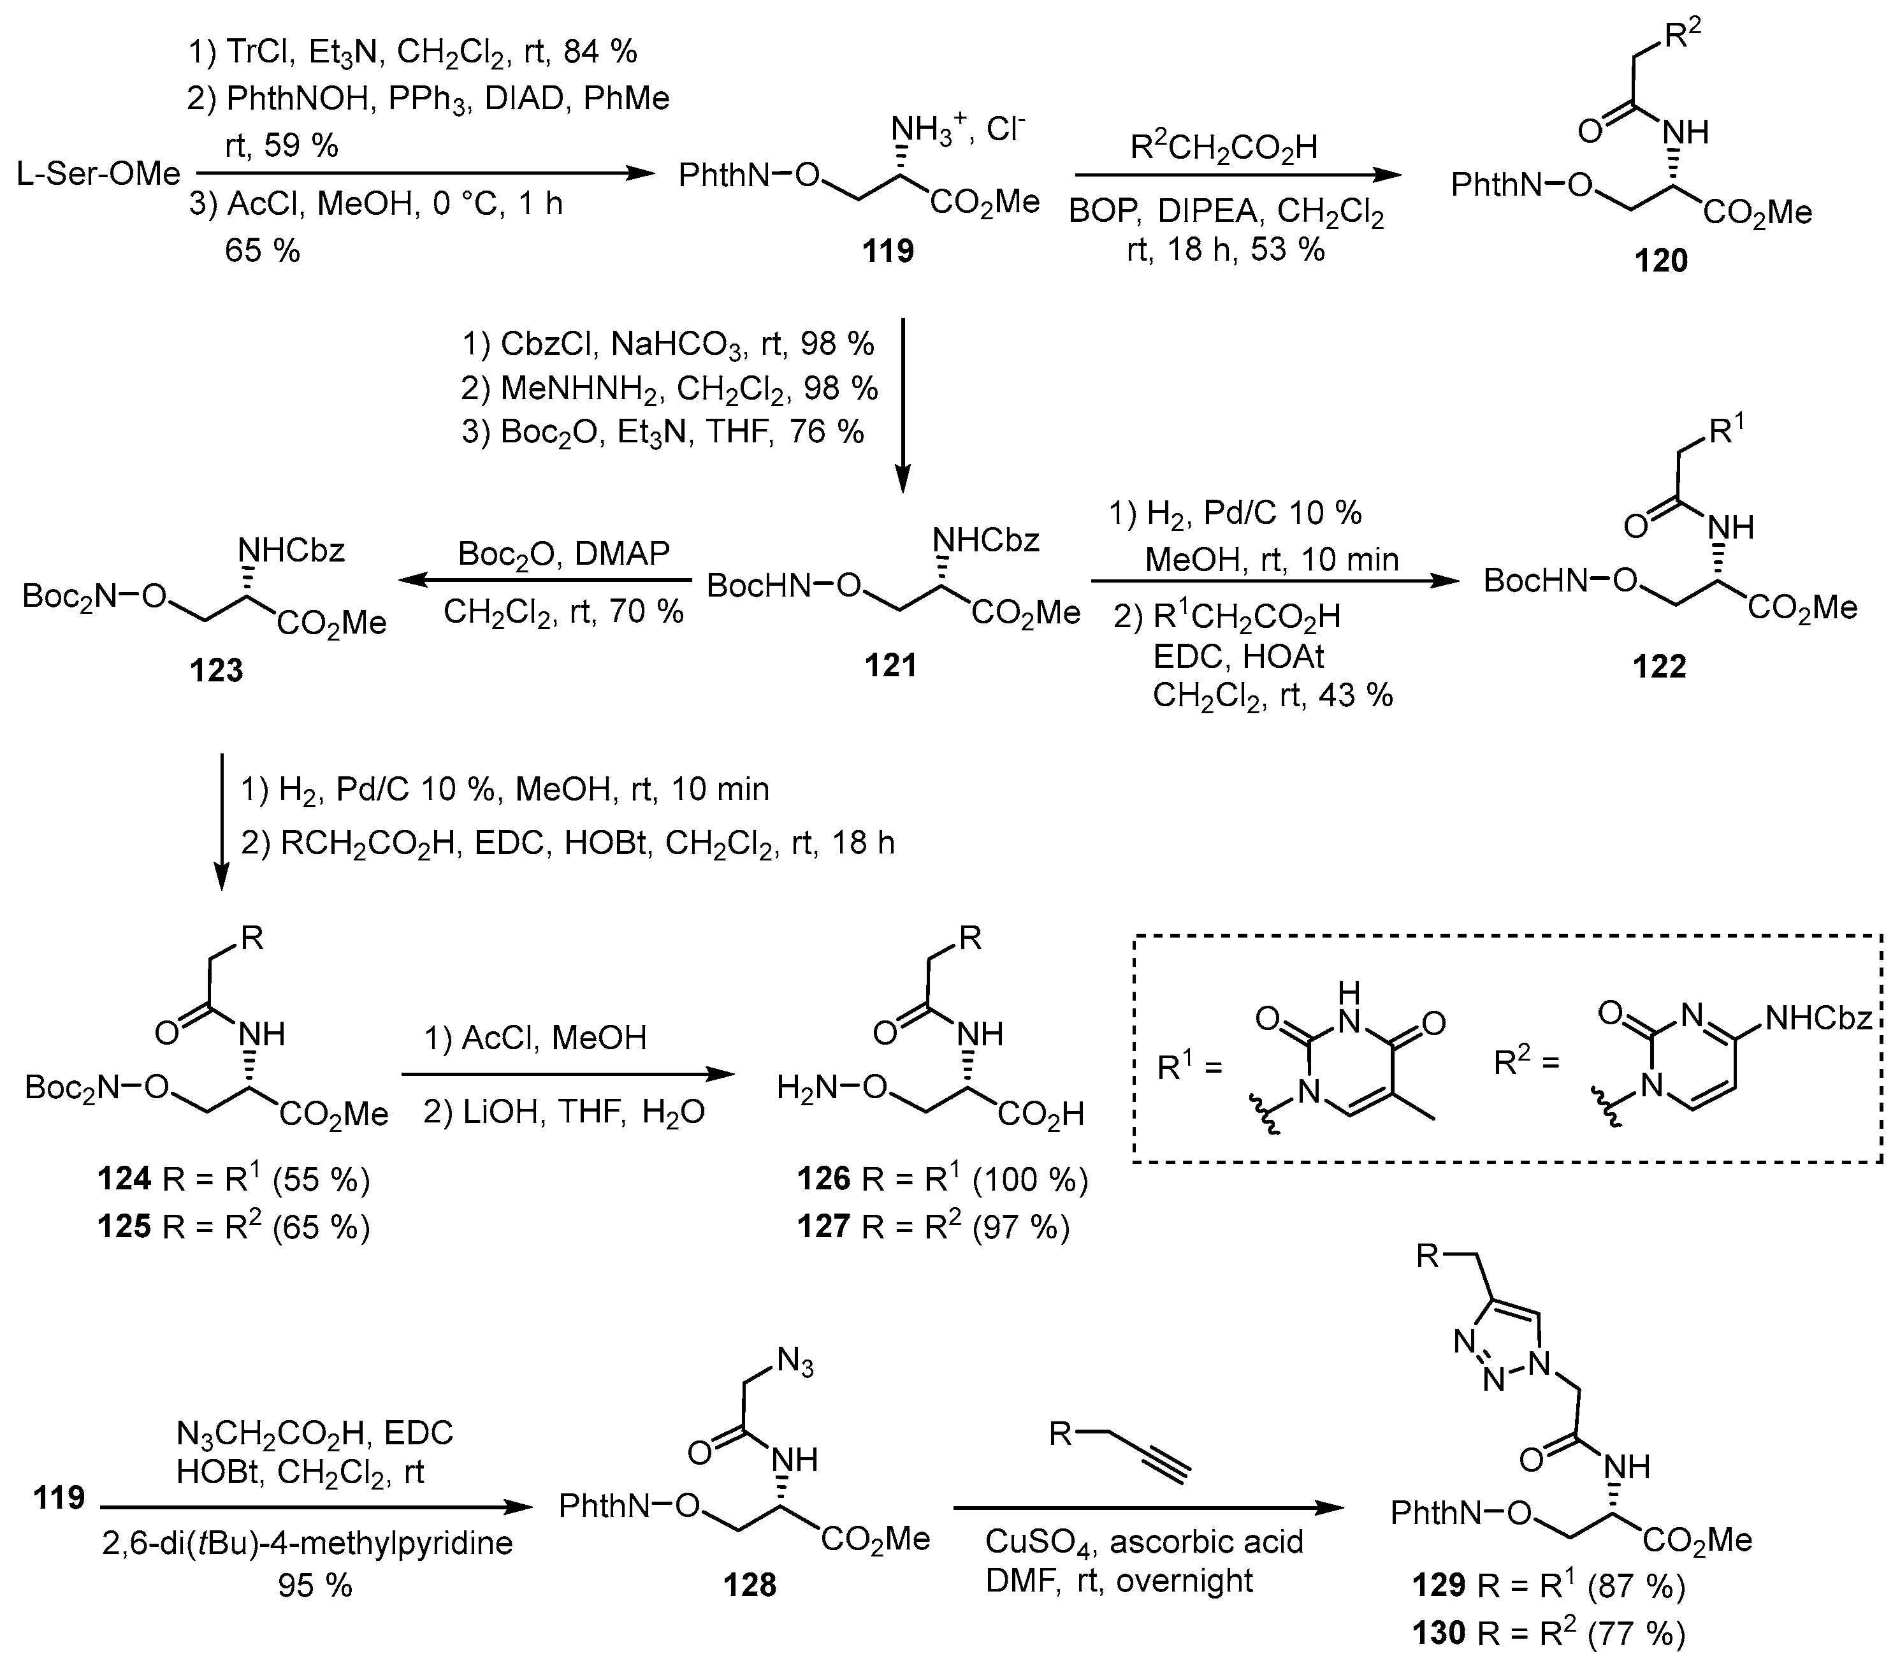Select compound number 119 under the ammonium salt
887,250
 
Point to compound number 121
890,665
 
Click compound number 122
1659,667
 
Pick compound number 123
216,669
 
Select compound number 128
749,1585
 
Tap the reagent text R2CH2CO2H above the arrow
1223,147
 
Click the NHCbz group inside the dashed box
1819,1020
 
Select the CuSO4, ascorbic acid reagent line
1143,1541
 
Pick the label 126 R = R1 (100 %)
941,1179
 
